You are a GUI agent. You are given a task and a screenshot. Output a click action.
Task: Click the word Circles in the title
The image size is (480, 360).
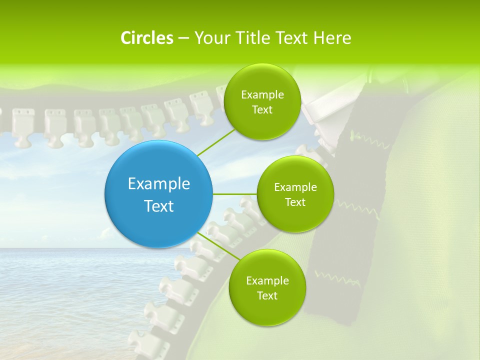pyautogui.click(x=146, y=38)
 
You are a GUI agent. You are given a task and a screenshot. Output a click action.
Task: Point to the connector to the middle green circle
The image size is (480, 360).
pyautogui.click(x=235, y=194)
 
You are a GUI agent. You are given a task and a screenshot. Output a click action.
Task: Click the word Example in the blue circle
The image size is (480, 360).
pyautogui.click(x=159, y=184)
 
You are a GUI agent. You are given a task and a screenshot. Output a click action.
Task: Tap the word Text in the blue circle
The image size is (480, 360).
pyautogui.click(x=159, y=206)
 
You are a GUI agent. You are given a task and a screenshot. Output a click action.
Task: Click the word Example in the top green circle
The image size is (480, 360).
pyautogui.click(x=262, y=95)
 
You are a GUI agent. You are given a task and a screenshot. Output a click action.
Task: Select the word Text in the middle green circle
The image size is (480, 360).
pyautogui.click(x=295, y=202)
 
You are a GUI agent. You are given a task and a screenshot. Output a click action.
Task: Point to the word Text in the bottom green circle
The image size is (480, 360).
pyautogui.click(x=267, y=295)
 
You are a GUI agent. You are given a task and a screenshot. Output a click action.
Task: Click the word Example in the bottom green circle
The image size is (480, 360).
pyautogui.click(x=267, y=280)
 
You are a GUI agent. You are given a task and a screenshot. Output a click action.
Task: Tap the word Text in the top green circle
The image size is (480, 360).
pyautogui.click(x=262, y=110)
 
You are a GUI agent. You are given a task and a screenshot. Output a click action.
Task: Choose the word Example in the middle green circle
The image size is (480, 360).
pyautogui.click(x=295, y=187)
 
